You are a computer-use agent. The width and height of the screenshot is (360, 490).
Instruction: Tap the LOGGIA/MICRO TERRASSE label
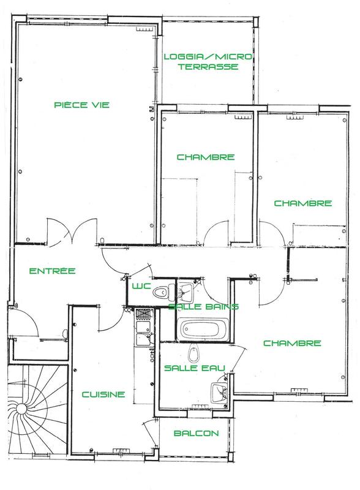(x=208, y=62)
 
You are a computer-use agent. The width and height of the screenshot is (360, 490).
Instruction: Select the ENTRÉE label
(x=44, y=271)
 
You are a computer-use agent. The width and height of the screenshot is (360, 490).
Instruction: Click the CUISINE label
(x=103, y=394)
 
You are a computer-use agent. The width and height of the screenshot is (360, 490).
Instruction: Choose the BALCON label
(x=196, y=433)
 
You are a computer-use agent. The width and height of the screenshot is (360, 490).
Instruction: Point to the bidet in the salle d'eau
(x=194, y=353)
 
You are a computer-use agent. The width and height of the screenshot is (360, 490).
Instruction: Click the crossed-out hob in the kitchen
(x=142, y=315)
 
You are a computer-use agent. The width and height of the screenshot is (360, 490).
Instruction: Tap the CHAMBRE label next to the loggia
(x=206, y=157)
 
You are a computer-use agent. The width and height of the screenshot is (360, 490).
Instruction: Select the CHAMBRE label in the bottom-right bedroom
(x=293, y=343)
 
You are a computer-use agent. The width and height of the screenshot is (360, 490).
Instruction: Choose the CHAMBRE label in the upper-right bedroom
(x=302, y=203)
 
